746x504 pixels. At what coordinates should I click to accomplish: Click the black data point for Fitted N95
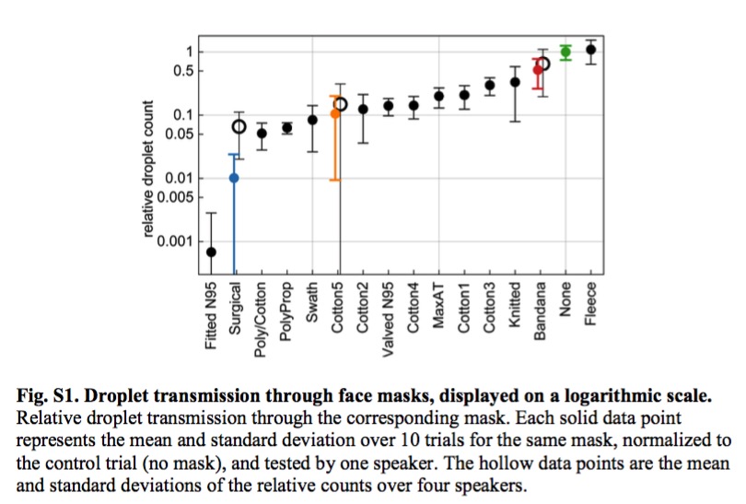pyautogui.click(x=211, y=252)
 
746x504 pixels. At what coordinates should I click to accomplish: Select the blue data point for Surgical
pyautogui.click(x=235, y=178)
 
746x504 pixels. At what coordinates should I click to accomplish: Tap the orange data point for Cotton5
pyautogui.click(x=336, y=113)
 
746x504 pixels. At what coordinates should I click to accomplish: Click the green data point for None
pyautogui.click(x=565, y=53)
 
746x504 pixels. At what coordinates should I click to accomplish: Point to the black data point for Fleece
pyautogui.click(x=590, y=50)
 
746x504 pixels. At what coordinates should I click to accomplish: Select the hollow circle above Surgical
pyautogui.click(x=239, y=126)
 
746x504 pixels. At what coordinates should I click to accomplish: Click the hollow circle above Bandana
pyautogui.click(x=543, y=64)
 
